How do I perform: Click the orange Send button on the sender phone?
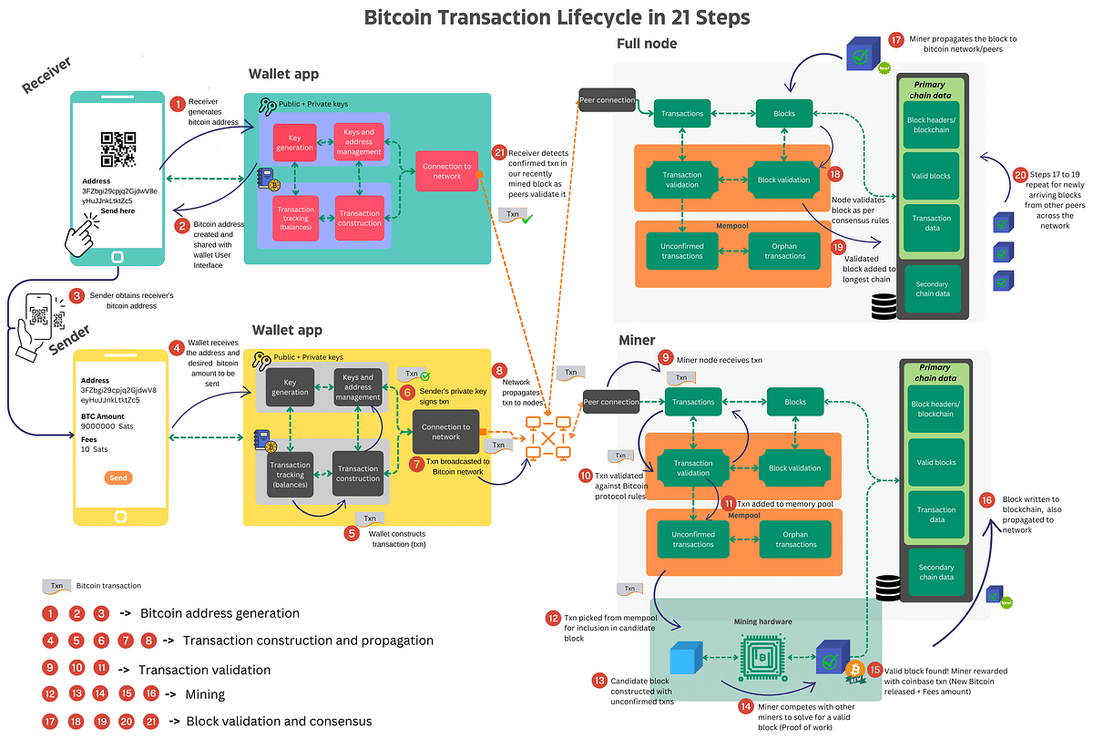click(x=118, y=477)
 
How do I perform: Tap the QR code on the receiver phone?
click(x=118, y=149)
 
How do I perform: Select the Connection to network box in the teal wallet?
click(x=446, y=171)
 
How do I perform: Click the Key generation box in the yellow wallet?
click(x=291, y=386)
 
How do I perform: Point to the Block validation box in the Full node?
click(x=783, y=180)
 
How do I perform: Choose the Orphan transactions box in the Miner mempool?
click(x=795, y=539)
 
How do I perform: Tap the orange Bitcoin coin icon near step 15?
click(x=854, y=671)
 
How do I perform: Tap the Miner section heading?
click(x=637, y=340)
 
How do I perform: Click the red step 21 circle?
click(x=498, y=152)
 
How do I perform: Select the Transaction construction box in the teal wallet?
click(x=360, y=219)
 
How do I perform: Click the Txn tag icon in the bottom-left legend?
click(x=56, y=586)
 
